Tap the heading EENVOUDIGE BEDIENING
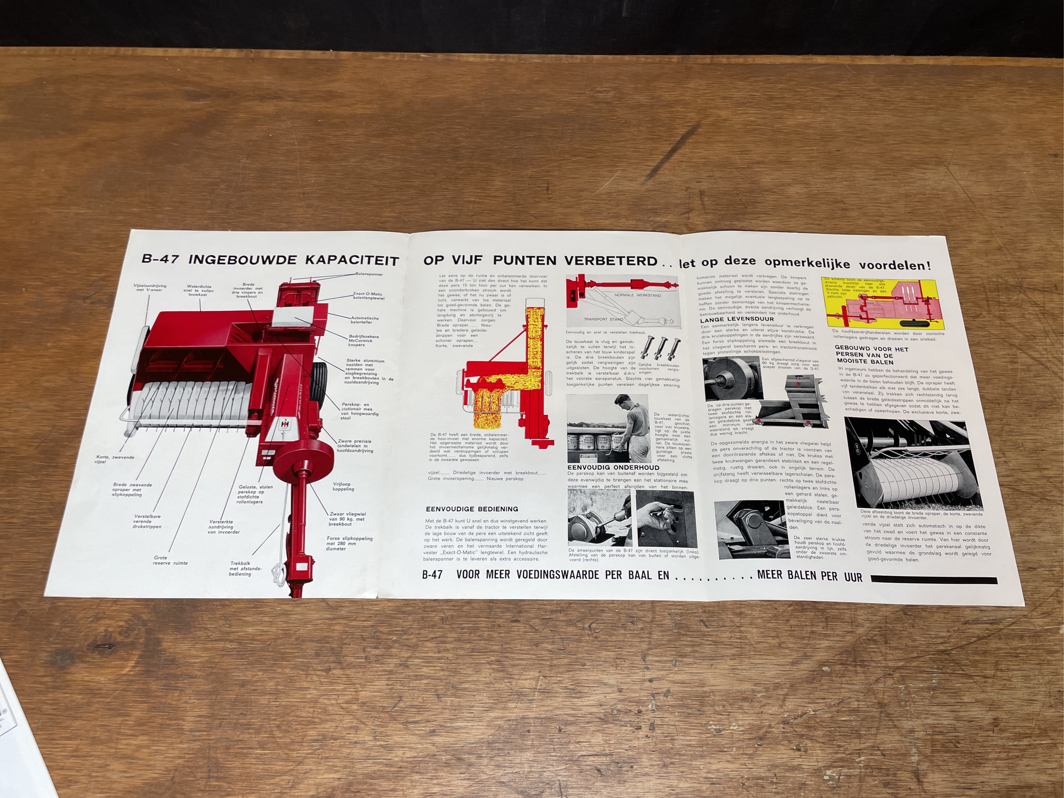pyautogui.click(x=472, y=509)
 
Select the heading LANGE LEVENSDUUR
pyautogui.click(x=737, y=319)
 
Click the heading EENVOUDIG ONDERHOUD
pyautogui.click(x=613, y=467)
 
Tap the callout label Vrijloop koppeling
pyautogui.click(x=343, y=487)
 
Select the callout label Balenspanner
pyautogui.click(x=369, y=274)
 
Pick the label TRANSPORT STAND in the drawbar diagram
pyautogui.click(x=603, y=319)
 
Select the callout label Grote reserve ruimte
pyautogui.click(x=170, y=560)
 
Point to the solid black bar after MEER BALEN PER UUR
pyautogui.click(x=934, y=581)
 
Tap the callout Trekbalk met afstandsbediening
pyautogui.click(x=245, y=569)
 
